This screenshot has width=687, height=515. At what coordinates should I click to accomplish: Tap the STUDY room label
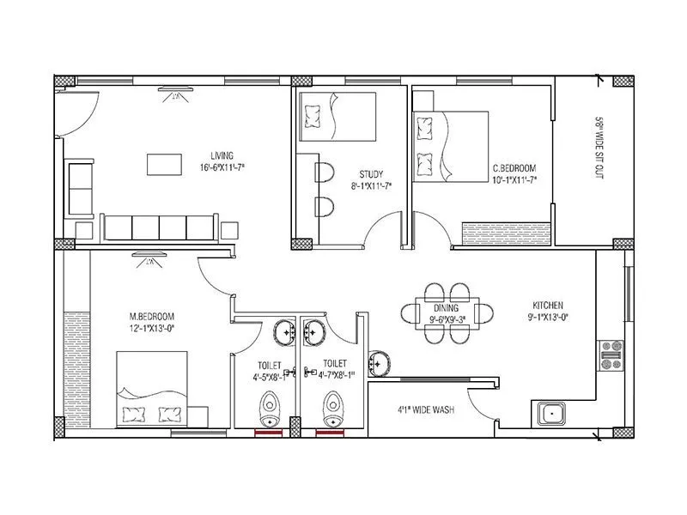pos(371,174)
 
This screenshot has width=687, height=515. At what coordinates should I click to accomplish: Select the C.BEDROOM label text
pos(514,168)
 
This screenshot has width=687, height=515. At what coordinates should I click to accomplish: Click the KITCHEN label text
pos(548,306)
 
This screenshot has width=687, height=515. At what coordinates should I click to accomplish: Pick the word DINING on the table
pos(446,308)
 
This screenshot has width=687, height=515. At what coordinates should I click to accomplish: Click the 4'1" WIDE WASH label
pos(426,409)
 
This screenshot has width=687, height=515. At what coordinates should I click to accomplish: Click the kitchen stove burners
pos(611,354)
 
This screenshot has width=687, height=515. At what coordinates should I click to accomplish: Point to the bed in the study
pos(337,116)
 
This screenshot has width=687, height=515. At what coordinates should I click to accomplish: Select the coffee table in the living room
pos(163,163)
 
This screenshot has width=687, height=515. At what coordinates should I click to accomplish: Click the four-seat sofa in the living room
pos(158,227)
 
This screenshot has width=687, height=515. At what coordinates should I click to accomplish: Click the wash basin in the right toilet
pos(313,330)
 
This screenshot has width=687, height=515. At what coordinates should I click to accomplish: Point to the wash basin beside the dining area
pos(379,362)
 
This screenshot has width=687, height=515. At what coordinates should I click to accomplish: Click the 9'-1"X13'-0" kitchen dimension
pos(548,318)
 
